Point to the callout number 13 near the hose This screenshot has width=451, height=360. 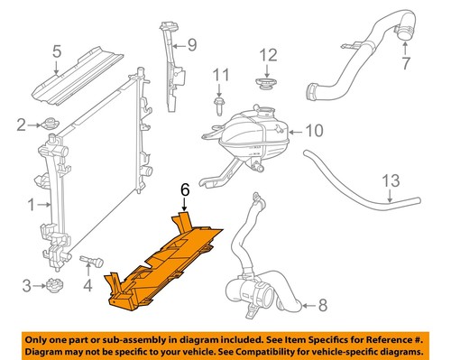coord(390,181)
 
